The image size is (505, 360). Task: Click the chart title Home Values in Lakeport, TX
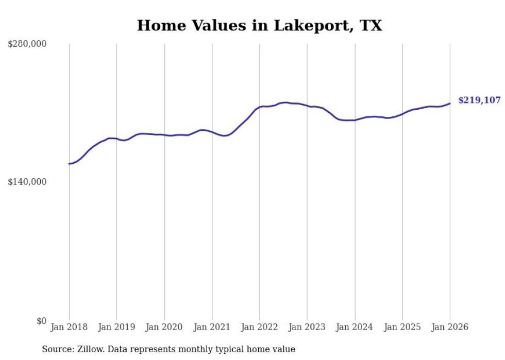[259, 25]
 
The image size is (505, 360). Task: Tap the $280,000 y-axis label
[27, 44]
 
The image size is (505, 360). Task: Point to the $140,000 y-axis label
[27, 182]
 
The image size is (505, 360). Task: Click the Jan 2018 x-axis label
[69, 327]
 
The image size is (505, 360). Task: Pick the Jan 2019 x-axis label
[116, 327]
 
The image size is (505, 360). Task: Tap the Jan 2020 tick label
[164, 327]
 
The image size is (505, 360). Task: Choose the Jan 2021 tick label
[212, 327]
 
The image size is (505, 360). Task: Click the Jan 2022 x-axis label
[260, 327]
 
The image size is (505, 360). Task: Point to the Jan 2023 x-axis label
[307, 327]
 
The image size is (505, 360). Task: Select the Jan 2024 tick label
[355, 327]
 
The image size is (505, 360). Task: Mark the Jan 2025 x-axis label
[402, 327]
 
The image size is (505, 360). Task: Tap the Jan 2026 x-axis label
[450, 327]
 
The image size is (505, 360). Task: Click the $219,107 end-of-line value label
[479, 100]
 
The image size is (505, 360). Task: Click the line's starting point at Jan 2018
[69, 164]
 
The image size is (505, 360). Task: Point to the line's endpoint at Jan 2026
[450, 104]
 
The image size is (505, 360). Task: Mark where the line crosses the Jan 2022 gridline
[260, 107]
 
